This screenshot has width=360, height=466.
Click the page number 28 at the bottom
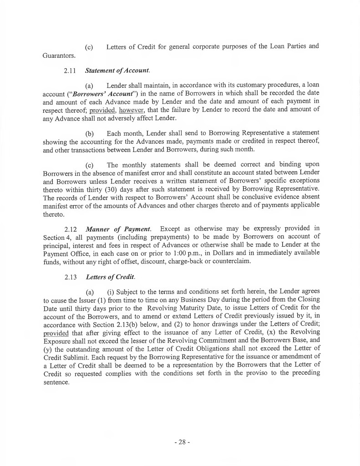tap(181, 442)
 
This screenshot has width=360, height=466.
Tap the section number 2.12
tap(72, 228)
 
